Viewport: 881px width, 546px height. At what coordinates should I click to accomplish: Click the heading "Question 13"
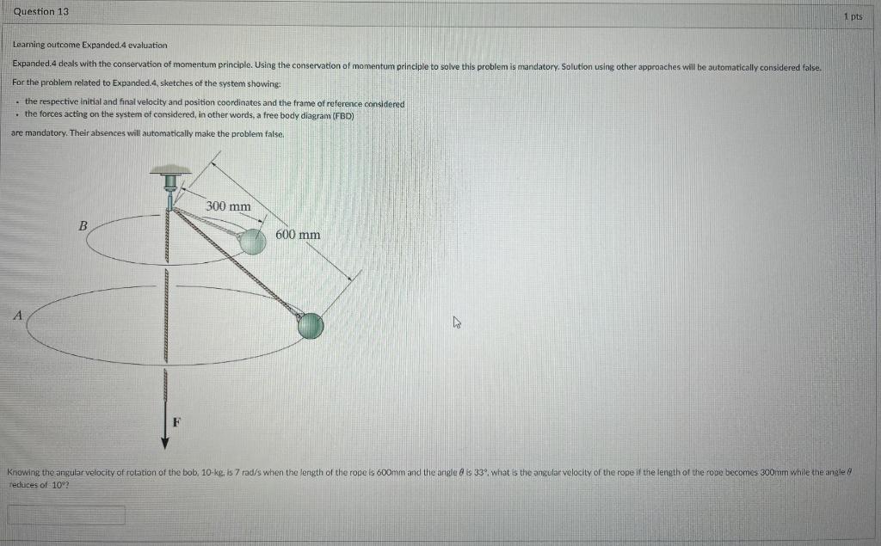pos(41,12)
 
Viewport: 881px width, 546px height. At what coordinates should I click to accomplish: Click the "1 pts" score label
pos(853,16)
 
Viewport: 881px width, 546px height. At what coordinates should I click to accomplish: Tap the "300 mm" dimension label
pos(229,206)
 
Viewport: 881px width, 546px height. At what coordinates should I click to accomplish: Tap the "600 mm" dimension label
pos(298,235)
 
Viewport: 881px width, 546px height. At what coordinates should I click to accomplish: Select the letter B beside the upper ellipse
pos(83,225)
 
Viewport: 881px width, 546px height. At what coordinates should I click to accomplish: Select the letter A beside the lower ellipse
pos(15,315)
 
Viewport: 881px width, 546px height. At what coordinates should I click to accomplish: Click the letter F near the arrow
pos(177,421)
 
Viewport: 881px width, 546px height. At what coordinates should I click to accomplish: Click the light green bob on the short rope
pos(252,242)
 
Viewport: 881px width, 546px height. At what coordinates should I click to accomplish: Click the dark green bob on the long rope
pos(311,325)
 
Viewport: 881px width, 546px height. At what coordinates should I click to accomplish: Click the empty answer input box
pos(66,515)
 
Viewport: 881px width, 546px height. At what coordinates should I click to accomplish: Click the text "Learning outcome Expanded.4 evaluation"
pos(89,45)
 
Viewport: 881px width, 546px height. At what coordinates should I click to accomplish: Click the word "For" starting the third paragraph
pos(19,82)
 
